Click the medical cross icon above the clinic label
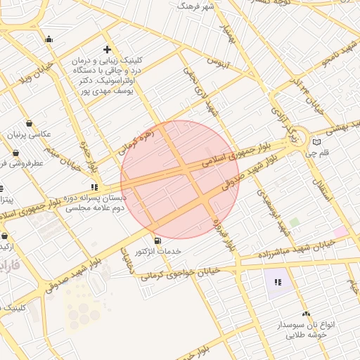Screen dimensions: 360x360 pyautogui.click(x=107, y=49)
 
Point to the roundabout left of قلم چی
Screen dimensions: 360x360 pyautogui.click(x=299, y=135)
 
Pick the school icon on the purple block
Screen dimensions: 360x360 pyautogui.click(x=278, y=283)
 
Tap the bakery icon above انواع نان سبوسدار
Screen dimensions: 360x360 pyautogui.click(x=306, y=314)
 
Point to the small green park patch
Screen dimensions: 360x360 pyautogui.click(x=294, y=222)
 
